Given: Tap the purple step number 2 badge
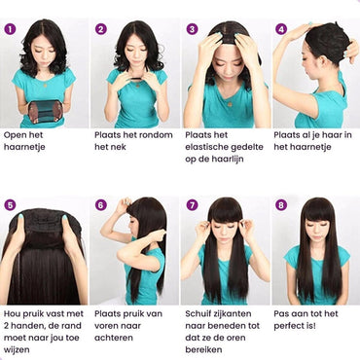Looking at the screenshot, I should [x=101, y=29].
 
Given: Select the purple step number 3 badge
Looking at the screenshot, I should [x=192, y=29].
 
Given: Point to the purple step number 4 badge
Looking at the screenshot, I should [x=281, y=29].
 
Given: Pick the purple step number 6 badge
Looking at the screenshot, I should [x=101, y=205].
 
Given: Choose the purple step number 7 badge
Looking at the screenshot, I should [x=192, y=205].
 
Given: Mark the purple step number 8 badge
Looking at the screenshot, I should [x=281, y=205].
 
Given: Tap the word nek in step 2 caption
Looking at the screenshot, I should [x=119, y=147].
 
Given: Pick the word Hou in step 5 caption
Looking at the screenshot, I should [x=14, y=313].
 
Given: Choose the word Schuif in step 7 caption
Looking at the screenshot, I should [x=199, y=313].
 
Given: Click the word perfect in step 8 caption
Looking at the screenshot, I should [x=291, y=325].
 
